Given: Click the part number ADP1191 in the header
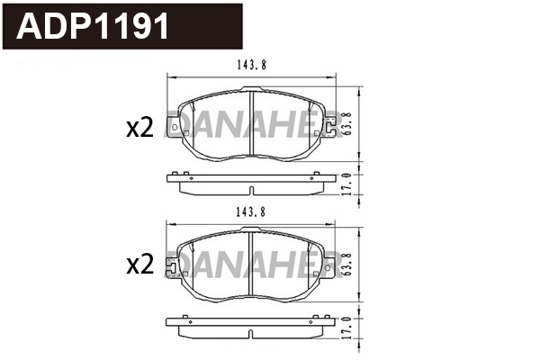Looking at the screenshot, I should [93, 27].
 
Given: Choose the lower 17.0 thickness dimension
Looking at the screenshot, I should [348, 331].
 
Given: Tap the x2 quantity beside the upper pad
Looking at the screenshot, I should [139, 129].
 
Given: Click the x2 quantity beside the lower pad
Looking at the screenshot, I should [139, 265].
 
